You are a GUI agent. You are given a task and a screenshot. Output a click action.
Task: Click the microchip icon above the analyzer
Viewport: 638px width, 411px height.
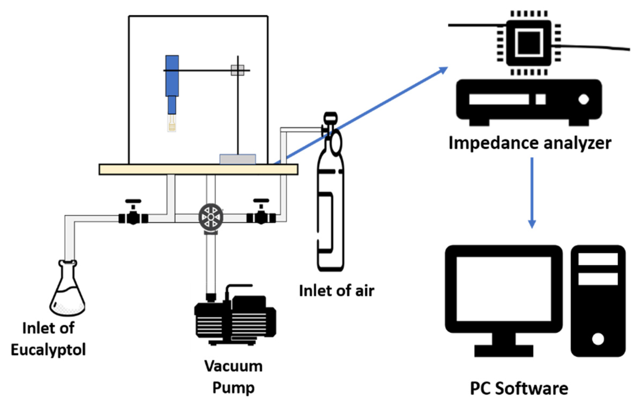[529, 43]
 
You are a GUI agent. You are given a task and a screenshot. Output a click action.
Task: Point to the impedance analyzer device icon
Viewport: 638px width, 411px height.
[529, 102]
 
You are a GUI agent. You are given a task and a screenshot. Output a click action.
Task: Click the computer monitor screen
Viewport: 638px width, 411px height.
[504, 289]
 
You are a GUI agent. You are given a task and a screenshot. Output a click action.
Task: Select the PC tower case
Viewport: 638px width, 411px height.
[598, 301]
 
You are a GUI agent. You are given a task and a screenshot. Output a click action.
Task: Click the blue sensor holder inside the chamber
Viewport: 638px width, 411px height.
[172, 85]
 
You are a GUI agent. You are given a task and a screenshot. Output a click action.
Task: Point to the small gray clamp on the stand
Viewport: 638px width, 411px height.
[238, 70]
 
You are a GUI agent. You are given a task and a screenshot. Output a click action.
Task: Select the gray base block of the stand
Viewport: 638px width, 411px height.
[238, 159]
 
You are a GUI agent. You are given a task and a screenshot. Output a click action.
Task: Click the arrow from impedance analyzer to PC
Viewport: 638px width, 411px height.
[532, 193]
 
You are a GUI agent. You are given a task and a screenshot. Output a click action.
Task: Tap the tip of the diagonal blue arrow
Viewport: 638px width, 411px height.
[448, 67]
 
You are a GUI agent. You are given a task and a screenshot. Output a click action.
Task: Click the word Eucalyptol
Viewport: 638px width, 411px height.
[48, 350]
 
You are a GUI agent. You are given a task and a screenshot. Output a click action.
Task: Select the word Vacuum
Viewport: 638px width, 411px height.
[233, 366]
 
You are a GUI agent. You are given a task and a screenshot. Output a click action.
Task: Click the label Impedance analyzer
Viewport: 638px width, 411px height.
[530, 143]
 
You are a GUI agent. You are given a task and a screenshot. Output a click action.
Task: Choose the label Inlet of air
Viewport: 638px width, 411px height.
[337, 291]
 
